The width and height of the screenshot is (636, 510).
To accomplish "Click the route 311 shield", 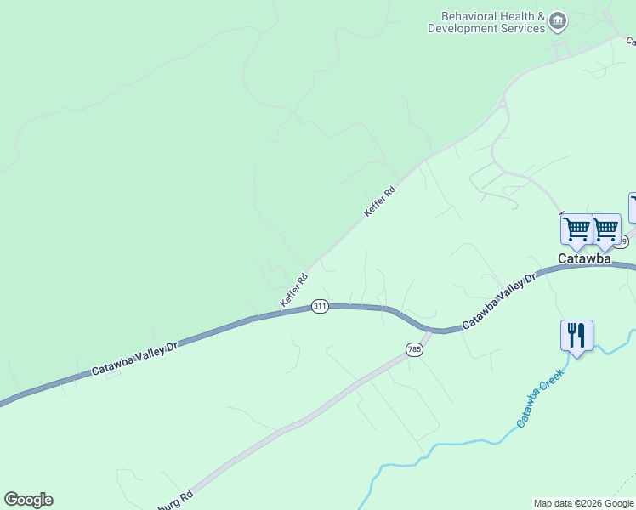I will [x=320, y=306].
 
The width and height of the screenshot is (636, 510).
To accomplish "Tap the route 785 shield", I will [x=414, y=349].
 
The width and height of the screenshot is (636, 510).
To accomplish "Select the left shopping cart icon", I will [x=577, y=228].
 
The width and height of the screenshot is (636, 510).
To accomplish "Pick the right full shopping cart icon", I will [x=606, y=228].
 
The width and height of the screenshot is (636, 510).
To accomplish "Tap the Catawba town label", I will [x=584, y=258].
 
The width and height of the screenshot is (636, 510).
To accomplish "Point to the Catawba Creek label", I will [x=540, y=397].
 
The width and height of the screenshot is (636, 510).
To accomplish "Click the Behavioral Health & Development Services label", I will [x=486, y=22].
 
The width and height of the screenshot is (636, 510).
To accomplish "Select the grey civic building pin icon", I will [x=558, y=21].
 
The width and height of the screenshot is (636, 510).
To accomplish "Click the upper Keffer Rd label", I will [x=380, y=201].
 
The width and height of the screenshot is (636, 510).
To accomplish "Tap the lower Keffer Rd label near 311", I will [x=294, y=291].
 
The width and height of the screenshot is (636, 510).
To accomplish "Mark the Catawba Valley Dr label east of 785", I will [x=500, y=302].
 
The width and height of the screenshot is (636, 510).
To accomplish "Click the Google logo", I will [x=28, y=500].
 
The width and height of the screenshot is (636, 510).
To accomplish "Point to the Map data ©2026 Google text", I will [x=583, y=503].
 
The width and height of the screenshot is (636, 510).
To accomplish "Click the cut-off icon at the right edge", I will [x=632, y=207].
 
